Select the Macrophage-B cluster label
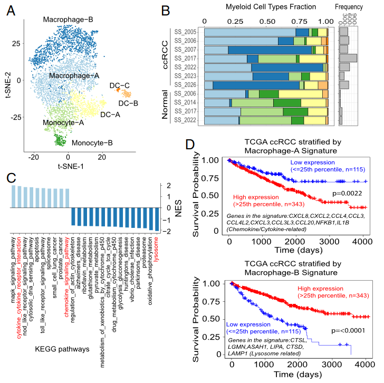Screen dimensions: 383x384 click(68, 20)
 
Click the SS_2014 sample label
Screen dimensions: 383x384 click(186, 102)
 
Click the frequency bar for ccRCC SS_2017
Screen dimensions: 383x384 click(348, 58)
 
